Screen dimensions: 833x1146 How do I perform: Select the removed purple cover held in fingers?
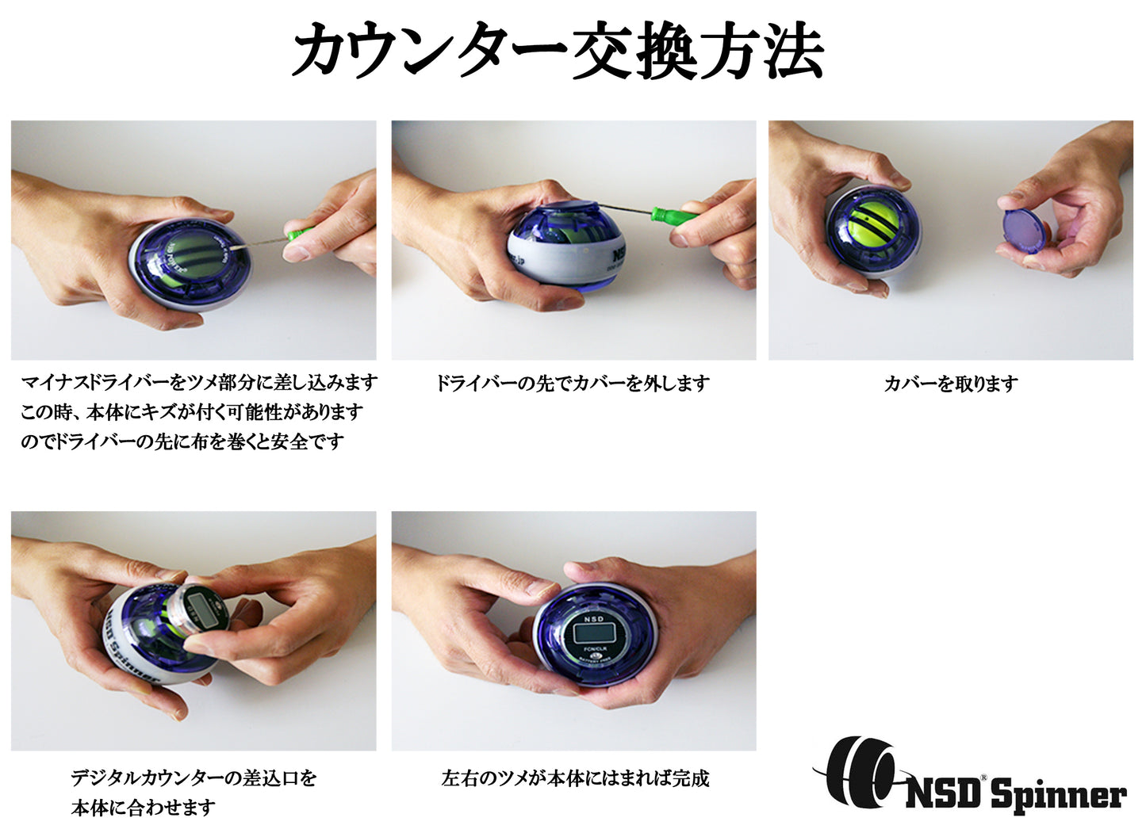[1026, 230]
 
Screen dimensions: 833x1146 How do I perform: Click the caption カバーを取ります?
[951, 384]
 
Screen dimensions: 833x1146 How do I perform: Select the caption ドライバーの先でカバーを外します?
[573, 384]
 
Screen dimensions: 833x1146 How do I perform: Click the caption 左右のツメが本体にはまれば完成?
[574, 778]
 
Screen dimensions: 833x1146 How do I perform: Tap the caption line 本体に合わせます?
[143, 808]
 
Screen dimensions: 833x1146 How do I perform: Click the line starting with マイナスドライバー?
[198, 383]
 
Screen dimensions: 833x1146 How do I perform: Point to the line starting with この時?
[191, 412]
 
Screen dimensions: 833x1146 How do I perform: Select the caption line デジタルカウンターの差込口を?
[193, 778]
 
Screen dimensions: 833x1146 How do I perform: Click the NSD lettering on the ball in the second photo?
[623, 256]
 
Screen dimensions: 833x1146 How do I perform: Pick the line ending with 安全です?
[182, 441]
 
